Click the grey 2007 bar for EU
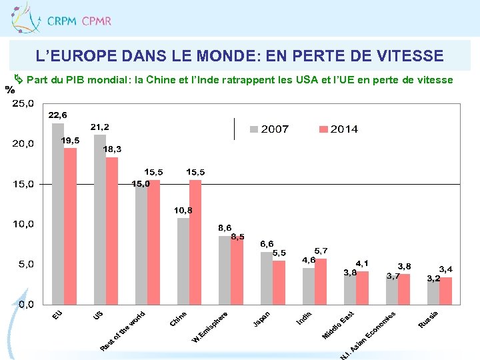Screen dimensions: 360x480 click(58, 213)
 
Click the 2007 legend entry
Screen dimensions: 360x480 click(269, 129)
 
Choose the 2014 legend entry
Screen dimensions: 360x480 click(337, 129)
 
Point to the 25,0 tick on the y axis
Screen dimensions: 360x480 click(23, 103)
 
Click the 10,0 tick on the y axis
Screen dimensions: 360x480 click(23, 224)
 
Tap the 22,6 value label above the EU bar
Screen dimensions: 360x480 click(57, 115)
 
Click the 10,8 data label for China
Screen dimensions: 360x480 click(183, 210)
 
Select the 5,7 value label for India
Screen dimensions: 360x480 click(321, 251)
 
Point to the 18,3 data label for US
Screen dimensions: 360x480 click(112, 149)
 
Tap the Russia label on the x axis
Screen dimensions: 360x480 click(429, 319)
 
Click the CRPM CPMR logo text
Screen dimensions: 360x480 click(79, 21)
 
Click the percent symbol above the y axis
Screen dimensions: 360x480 click(9, 89)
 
